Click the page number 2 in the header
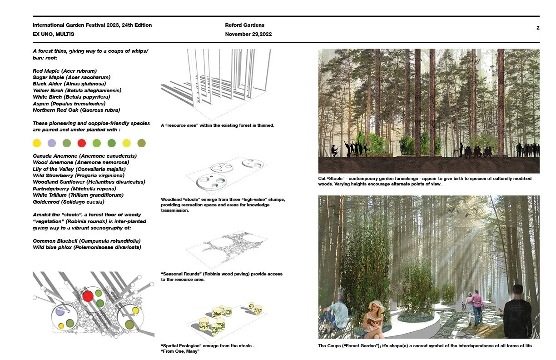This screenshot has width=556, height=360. pyautogui.click(x=538, y=28)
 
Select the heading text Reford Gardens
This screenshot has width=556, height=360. pyautogui.click(x=244, y=25)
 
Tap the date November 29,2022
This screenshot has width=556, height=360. pyautogui.click(x=248, y=34)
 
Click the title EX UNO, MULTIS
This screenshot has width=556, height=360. pyautogui.click(x=53, y=34)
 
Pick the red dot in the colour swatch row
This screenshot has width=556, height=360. pyautogui.click(x=82, y=143)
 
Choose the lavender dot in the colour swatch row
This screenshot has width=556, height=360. pyautogui.click(x=52, y=143)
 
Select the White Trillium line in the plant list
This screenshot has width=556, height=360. pyautogui.click(x=78, y=195)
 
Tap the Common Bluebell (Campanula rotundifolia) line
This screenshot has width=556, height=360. pyautogui.click(x=87, y=240)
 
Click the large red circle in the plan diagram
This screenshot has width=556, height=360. pyautogui.click(x=88, y=296)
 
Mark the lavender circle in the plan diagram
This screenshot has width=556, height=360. pyautogui.click(x=60, y=312)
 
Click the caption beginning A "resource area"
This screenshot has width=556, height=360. pyautogui.click(x=217, y=125)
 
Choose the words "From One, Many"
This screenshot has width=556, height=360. pyautogui.click(x=180, y=351)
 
